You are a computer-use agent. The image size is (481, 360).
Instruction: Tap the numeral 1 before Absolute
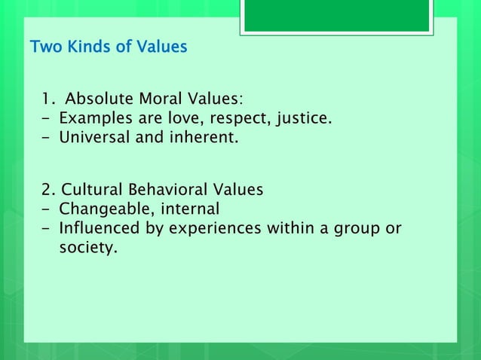coord(46,99)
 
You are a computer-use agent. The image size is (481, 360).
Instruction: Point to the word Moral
coord(157,99)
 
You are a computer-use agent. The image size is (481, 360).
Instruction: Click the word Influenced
coord(97,228)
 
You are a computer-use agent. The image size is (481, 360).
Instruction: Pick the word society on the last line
coord(87,247)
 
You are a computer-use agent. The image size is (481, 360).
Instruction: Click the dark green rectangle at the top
coord(336,15)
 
